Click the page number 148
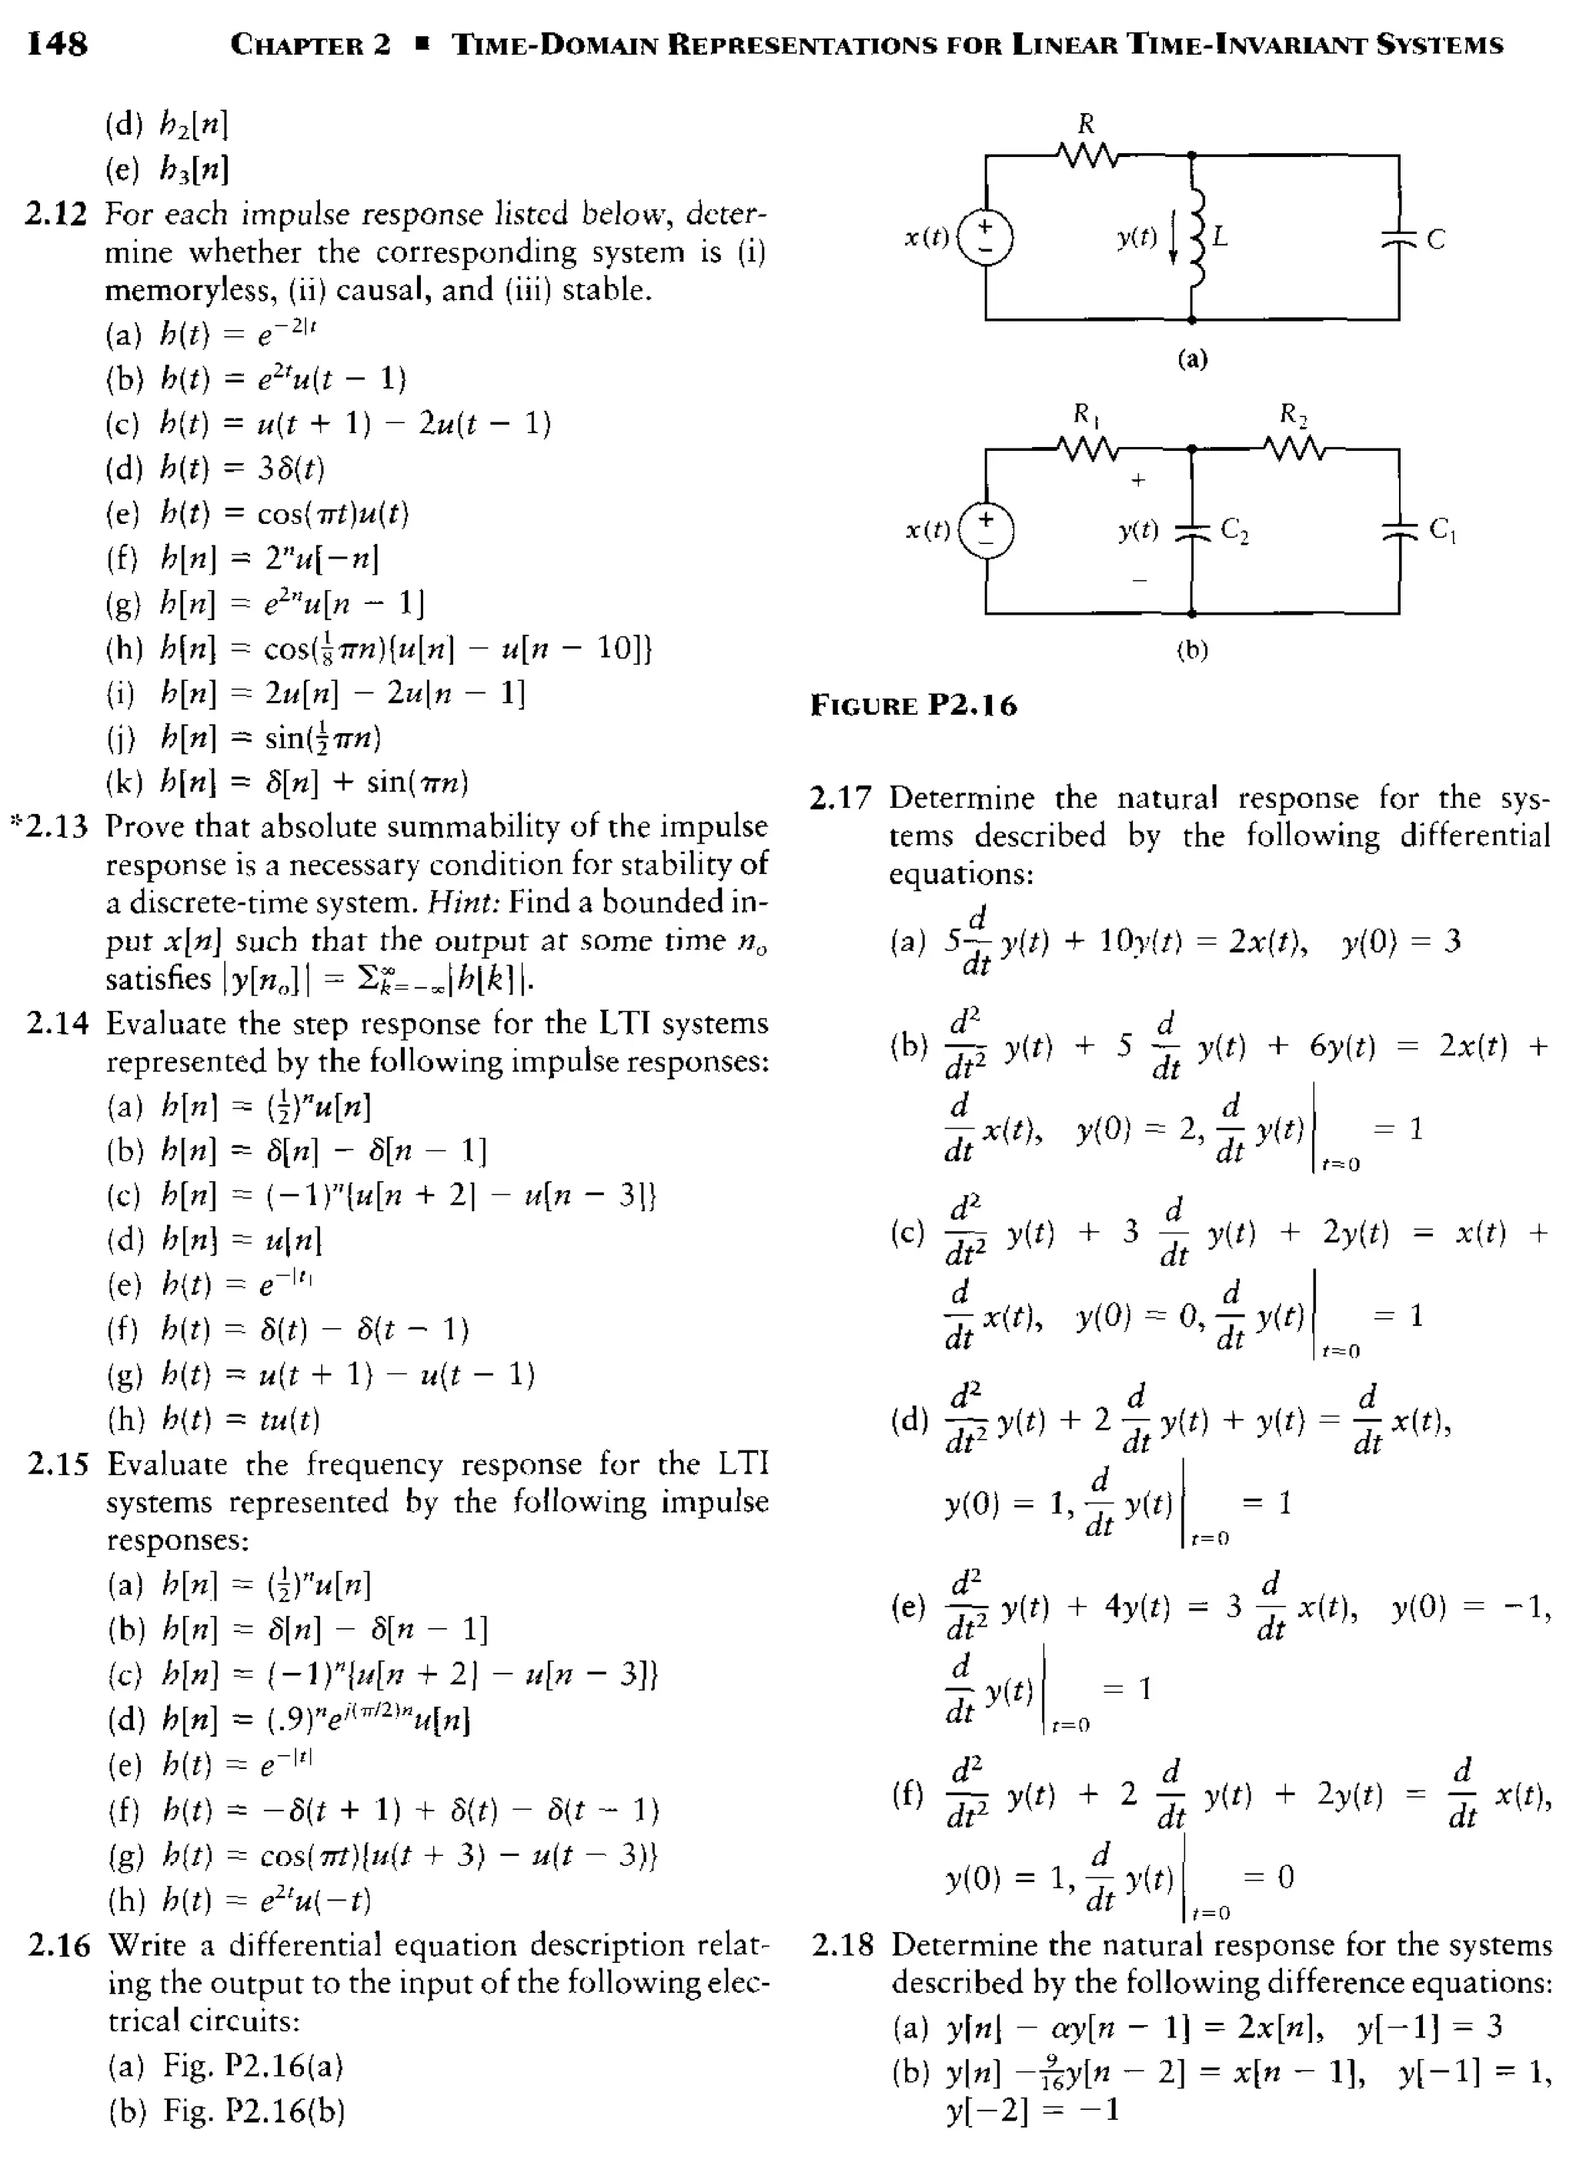pyautogui.click(x=57, y=43)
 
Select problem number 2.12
pyautogui.click(x=55, y=214)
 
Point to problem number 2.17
pyautogui.click(x=840, y=799)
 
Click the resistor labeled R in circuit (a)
pyautogui.click(x=1086, y=153)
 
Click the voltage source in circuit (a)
pyautogui.click(x=986, y=237)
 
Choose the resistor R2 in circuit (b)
pyautogui.click(x=1294, y=447)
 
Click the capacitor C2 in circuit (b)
pyautogui.click(x=1192, y=531)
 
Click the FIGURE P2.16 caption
pyautogui.click(x=914, y=706)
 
